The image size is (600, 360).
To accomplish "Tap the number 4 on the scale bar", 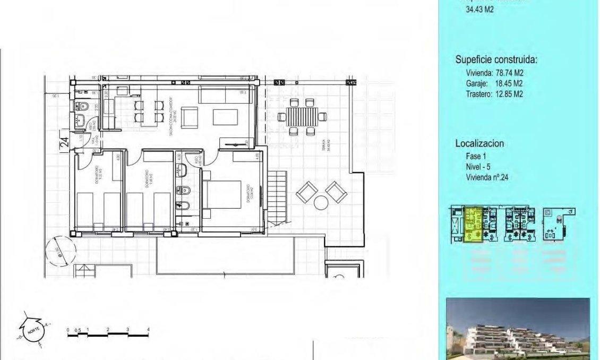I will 148,330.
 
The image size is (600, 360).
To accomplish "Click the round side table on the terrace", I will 321,202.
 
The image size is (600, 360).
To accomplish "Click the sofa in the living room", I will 222,96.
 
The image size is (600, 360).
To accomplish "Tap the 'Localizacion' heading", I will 479,143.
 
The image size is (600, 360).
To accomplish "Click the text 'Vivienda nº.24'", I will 487,178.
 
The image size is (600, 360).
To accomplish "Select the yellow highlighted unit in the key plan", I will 473,225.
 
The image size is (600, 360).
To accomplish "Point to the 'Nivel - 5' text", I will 477,167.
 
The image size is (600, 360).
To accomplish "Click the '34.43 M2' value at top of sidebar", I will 479,9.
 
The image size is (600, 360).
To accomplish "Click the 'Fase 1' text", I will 475,157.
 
